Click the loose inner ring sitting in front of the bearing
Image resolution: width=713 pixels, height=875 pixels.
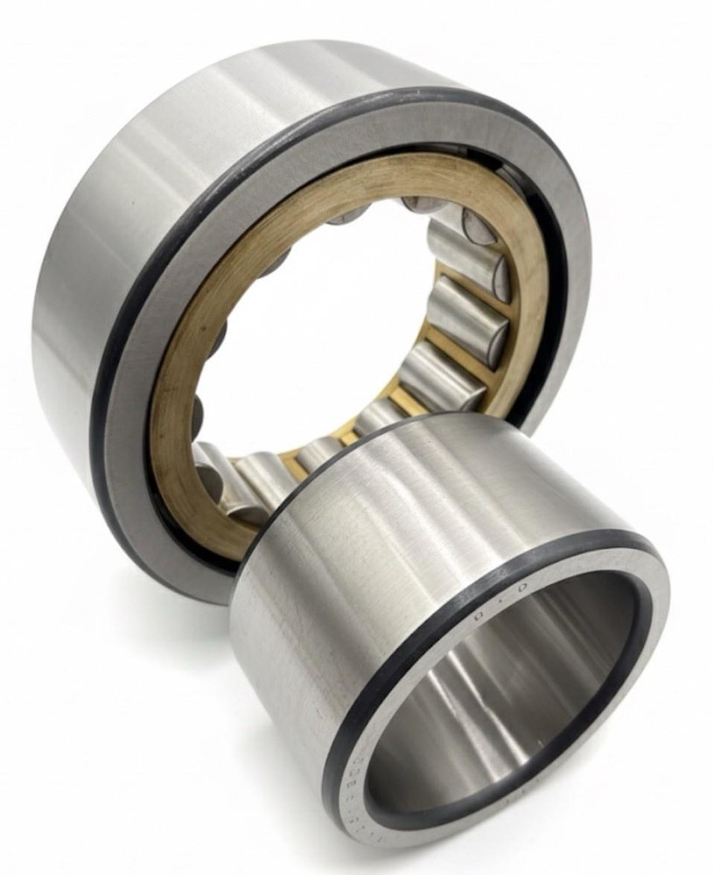click(x=437, y=612)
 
